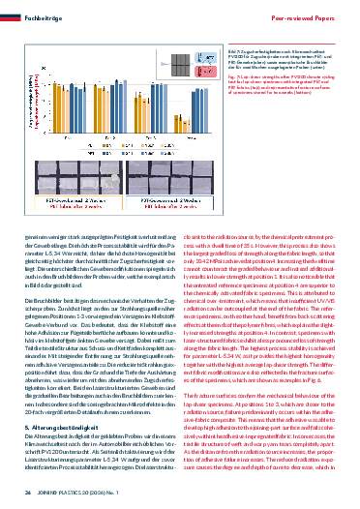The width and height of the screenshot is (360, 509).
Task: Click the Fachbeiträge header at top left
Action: pyautogui.click(x=40, y=9)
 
